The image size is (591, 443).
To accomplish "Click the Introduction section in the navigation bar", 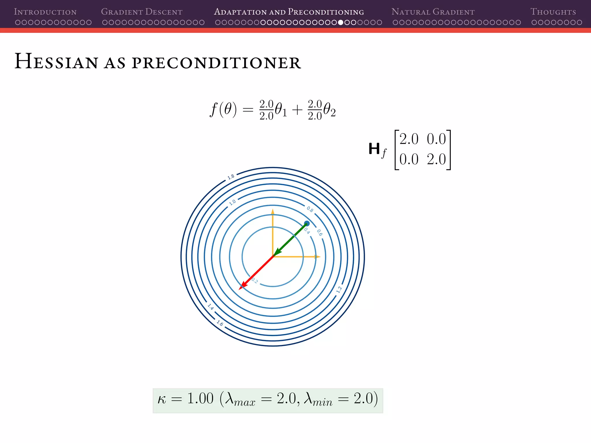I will coord(45,12).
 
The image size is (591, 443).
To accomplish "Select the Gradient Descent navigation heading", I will coord(142,12).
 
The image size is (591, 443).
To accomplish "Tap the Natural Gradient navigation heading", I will coord(433,12).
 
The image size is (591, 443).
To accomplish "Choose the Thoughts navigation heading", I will coord(553,12).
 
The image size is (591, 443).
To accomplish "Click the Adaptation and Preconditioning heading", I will coord(289,12).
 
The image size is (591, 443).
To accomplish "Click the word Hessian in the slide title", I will coord(56,61).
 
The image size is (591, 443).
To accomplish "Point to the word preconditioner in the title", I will coord(216,63).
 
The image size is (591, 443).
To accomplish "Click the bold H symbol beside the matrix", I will coord(374,149).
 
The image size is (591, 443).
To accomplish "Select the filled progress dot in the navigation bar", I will coord(341,22).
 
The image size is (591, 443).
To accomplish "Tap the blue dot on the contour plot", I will coord(307,224).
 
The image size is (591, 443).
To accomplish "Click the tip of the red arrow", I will coord(240,289).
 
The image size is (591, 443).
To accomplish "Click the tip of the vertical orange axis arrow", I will coord(273,210).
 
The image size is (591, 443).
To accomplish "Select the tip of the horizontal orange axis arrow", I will coord(319,257).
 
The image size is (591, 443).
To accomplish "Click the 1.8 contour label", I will coord(231,177).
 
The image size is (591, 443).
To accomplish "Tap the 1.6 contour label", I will coord(220,324).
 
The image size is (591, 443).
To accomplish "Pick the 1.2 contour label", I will coord(339,290).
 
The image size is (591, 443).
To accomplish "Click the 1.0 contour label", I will coord(232,202).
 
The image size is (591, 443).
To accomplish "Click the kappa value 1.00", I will coord(200,399).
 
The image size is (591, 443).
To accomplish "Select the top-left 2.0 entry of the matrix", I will coord(409,139).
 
